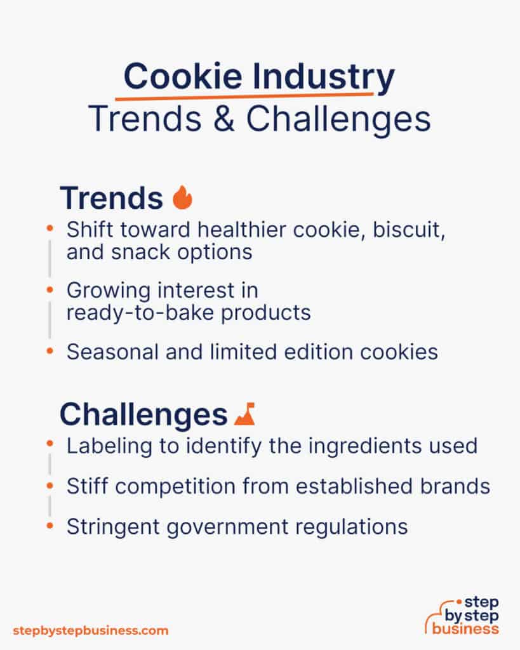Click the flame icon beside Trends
pos(182,198)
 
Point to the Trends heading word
pos(111,198)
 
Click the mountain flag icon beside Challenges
pos(244,415)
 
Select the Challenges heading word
pos(143,415)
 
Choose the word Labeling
pos(103,446)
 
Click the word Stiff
pos(86,486)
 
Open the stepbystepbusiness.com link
pos(90,630)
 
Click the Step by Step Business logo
pos(462,615)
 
